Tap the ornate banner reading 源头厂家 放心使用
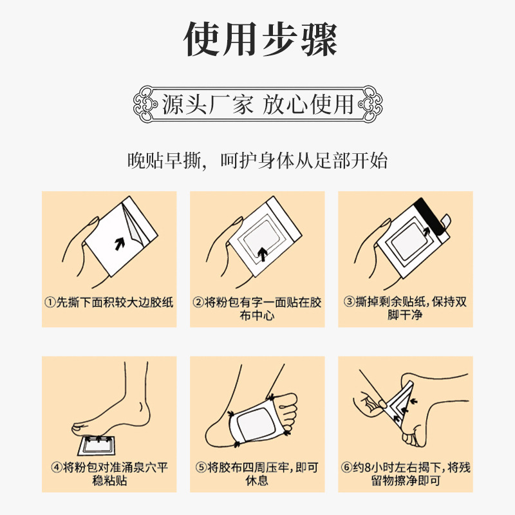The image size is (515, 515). coord(258,104)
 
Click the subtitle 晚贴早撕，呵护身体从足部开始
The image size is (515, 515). coord(257,160)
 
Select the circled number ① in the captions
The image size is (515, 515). coord(50,302)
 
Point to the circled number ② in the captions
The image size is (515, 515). coord(198,302)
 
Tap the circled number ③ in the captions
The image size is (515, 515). coord(349,301)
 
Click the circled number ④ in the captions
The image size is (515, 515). coord(57,467)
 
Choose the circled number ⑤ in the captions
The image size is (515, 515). coord(201,467)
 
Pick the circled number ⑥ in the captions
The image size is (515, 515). coord(346,467)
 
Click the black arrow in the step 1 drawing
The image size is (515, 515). coord(120,244)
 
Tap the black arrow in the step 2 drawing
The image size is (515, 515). coord(262,254)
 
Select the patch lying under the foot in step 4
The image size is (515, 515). coord(96,445)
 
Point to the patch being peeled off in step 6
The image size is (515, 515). coord(400,406)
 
